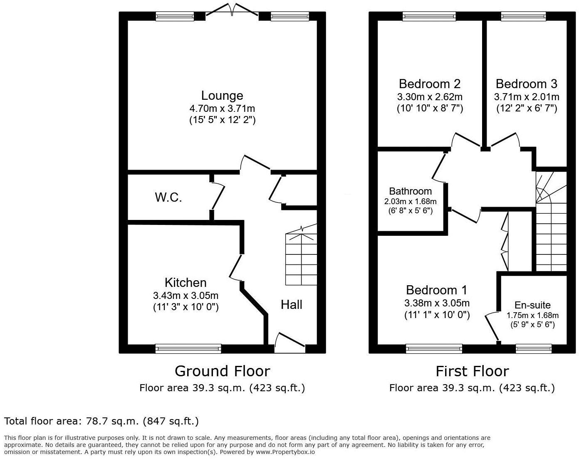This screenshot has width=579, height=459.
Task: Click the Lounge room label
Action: point(222,96)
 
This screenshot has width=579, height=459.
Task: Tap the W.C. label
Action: point(168,197)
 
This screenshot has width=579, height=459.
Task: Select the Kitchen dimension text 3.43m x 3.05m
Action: point(186,296)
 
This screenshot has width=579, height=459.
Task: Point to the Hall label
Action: point(291,305)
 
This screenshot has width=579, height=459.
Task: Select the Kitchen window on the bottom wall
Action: point(188,348)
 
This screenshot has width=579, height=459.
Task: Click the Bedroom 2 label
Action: point(429,84)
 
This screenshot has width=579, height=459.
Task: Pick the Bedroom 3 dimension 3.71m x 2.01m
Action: point(526,97)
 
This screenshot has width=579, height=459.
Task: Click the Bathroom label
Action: point(410,191)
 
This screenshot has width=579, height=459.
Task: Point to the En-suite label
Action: point(532,305)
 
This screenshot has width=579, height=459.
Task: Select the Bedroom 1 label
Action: point(437,290)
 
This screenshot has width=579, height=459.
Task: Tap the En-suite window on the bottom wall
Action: point(534,348)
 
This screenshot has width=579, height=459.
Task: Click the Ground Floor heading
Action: point(222,371)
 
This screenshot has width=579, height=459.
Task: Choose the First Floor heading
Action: point(472,371)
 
